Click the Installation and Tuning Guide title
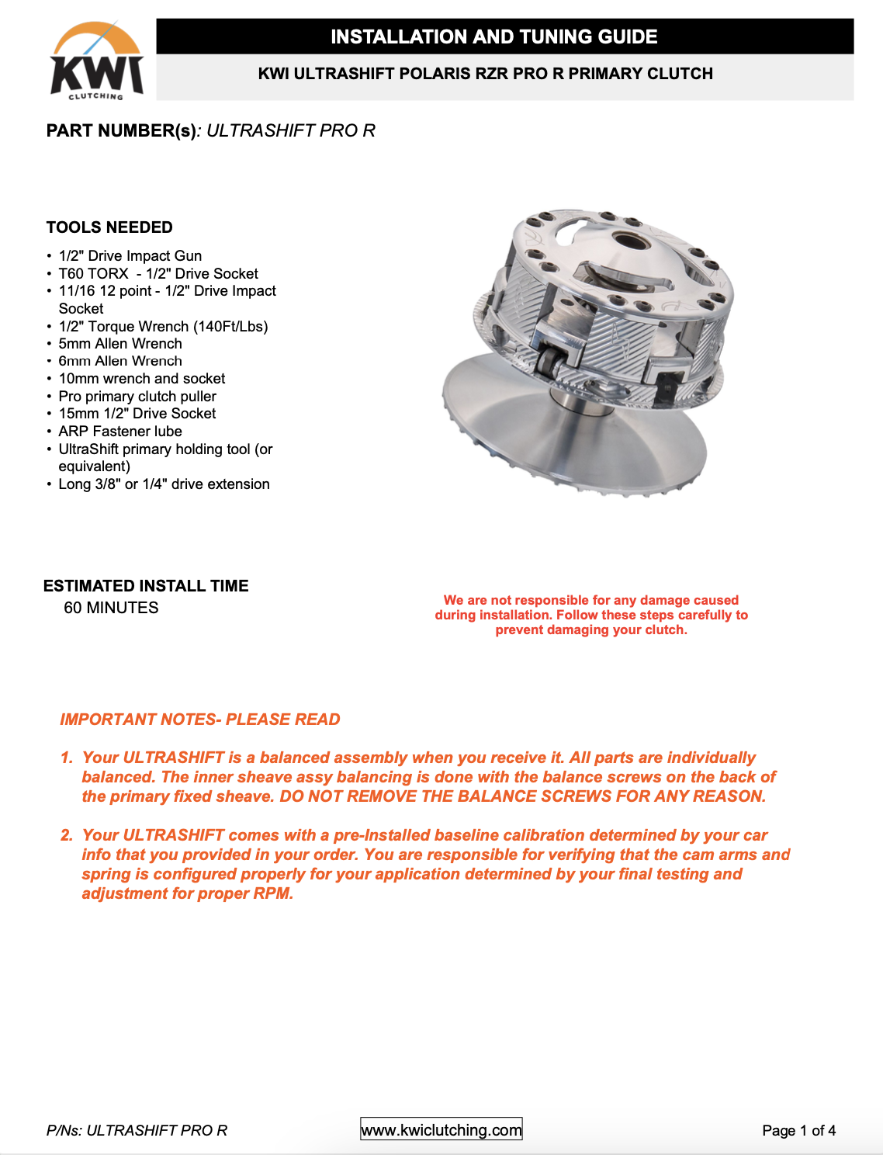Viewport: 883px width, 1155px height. (x=493, y=36)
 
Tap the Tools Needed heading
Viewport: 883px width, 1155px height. (x=109, y=227)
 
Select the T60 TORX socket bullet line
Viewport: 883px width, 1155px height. (x=158, y=273)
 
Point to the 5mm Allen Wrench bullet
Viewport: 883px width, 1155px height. (x=120, y=343)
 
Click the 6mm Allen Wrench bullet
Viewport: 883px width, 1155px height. (x=120, y=361)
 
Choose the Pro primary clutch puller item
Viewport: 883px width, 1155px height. (x=137, y=396)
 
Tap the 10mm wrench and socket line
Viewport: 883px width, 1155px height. (x=142, y=378)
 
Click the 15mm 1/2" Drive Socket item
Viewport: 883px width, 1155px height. (x=137, y=413)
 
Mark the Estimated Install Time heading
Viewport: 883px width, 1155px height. (x=146, y=586)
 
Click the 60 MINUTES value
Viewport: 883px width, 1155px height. (x=111, y=608)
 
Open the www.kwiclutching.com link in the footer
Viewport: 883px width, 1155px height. (x=441, y=1130)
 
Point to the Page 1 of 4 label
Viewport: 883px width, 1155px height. (x=798, y=1130)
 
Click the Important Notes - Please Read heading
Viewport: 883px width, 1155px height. (x=200, y=720)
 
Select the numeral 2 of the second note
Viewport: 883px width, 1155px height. (x=67, y=835)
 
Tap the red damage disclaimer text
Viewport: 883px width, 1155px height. (x=591, y=615)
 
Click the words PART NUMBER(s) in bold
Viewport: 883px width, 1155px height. (x=121, y=130)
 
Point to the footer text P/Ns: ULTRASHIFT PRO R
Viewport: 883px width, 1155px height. (x=137, y=1130)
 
